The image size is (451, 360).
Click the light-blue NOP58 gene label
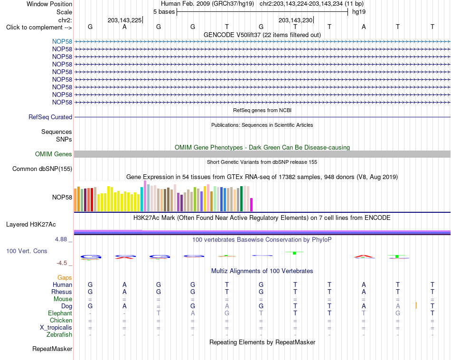point(62,41)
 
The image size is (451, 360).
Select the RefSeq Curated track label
point(50,117)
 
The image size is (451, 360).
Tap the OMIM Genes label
point(54,154)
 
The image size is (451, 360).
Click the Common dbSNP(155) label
point(42,169)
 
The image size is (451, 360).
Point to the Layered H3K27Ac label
point(31,225)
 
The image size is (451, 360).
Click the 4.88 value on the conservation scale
point(61,239)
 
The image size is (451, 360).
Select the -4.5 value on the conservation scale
point(62,263)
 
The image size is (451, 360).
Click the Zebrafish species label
point(59,335)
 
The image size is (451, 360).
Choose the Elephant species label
point(60,313)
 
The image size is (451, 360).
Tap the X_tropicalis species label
point(56,328)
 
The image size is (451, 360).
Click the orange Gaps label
point(65,277)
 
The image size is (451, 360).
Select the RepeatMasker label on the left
point(52,349)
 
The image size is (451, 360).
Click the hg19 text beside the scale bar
point(359,12)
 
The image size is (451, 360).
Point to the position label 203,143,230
point(296,20)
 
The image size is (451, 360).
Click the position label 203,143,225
point(125,20)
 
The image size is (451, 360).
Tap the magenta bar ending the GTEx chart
point(252,205)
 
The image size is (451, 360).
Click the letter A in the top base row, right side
point(364,27)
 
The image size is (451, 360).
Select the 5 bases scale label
point(164,12)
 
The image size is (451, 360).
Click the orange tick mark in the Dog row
point(416,305)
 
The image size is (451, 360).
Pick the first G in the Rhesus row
point(90,292)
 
